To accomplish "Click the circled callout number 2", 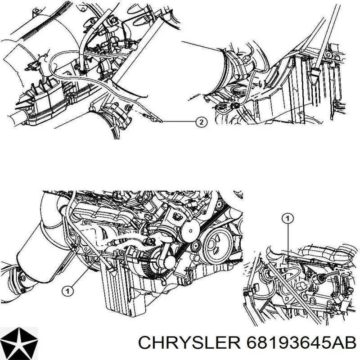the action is coord(201,122).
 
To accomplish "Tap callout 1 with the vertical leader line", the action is coord(288,218).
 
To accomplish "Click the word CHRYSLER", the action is coord(189,343).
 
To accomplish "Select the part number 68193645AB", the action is coord(301,343).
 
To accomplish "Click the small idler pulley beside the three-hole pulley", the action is coord(196,246).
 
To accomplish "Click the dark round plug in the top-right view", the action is coord(234,106).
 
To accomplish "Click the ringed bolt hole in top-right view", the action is coord(328,54).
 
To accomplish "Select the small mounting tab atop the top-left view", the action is coord(36,11).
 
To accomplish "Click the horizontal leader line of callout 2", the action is coord(179,121).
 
